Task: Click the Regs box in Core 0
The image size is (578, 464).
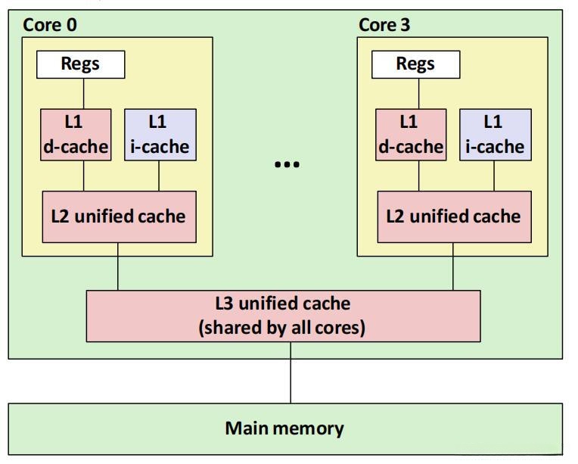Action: (81, 64)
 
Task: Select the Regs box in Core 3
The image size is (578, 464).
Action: (415, 64)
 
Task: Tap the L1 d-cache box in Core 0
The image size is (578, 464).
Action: (76, 134)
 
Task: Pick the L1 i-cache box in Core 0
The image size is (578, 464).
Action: (160, 134)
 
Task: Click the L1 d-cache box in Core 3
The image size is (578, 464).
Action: (410, 134)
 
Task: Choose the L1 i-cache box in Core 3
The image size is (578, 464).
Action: (495, 134)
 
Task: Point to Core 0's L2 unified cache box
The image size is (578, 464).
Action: (119, 217)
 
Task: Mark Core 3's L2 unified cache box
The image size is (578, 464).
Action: (453, 217)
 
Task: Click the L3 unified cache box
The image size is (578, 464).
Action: (283, 316)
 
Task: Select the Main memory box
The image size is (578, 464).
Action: (285, 428)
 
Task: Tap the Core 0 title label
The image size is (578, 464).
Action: (50, 25)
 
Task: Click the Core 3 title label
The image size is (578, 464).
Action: (384, 25)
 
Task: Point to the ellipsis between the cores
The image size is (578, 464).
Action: (287, 164)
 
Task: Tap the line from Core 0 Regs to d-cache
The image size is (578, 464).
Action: (83, 94)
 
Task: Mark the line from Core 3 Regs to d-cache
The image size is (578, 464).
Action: (418, 94)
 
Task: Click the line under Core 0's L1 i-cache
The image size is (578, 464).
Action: (159, 176)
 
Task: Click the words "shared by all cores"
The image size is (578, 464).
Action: (282, 329)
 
